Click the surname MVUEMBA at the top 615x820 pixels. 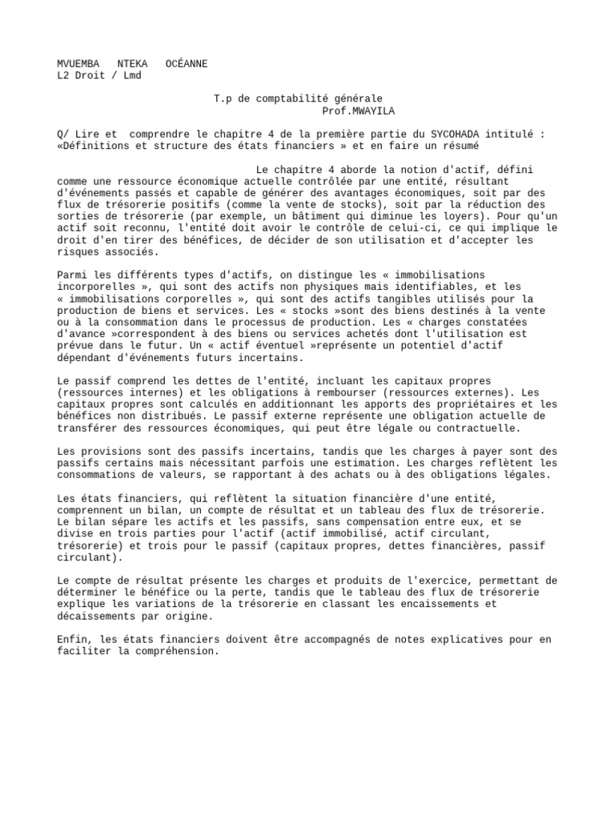[78, 63]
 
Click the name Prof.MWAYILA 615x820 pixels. [358, 111]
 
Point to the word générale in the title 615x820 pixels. [358, 99]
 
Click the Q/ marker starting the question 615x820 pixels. [64, 135]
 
